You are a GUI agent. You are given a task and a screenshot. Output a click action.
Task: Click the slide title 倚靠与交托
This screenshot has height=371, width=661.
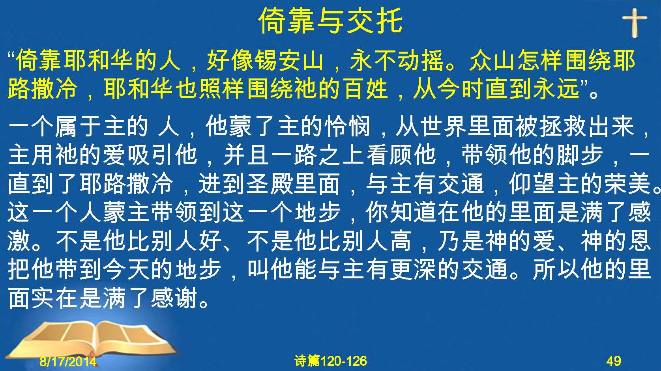pos(331,21)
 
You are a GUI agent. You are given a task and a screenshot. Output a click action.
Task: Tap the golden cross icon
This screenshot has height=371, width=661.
pos(635,23)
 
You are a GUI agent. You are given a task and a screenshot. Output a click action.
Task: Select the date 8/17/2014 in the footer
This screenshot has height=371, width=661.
pos(68,361)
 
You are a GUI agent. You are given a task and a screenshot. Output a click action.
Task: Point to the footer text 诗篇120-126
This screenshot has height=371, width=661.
pos(331,361)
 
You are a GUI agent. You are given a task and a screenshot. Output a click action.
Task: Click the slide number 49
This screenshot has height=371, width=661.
pos(614,361)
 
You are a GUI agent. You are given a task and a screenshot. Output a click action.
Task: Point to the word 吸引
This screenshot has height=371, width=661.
pos(151,155)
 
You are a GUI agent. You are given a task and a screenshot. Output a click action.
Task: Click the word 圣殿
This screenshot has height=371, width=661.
pos(270,183)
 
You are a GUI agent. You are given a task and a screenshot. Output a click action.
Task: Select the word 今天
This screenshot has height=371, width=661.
pos(127,269)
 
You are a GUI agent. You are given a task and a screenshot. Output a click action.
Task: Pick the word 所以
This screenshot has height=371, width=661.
pos(556,269)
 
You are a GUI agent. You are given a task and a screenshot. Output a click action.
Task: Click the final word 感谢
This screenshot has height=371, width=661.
pos(174,298)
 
